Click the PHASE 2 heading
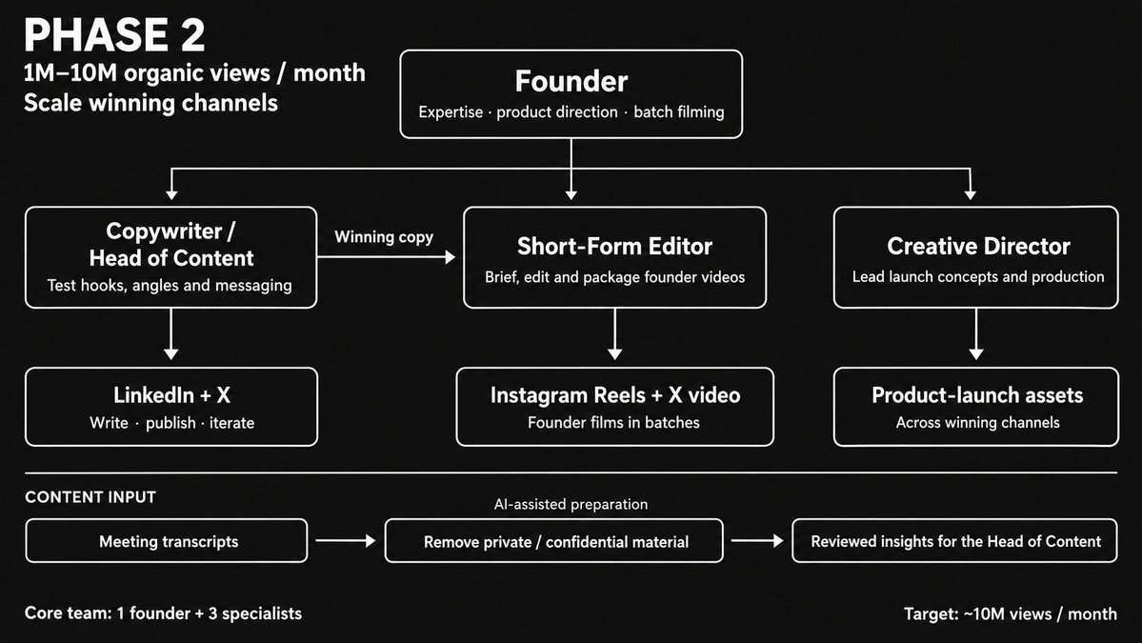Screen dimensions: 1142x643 pos(114,35)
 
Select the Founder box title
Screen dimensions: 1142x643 pos(571,81)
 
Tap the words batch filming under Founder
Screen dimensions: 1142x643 pos(679,112)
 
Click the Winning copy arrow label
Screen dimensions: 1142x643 pos(384,236)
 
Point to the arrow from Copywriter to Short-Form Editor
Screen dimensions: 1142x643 pos(386,257)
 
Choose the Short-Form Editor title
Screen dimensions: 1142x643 pos(614,246)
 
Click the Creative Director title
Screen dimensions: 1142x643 pos(978,246)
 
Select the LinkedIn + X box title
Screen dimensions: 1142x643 pos(171,394)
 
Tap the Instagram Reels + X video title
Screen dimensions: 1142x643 pos(614,394)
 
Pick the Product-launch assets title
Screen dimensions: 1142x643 pos(977,394)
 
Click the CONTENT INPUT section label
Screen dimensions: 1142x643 pos(90,497)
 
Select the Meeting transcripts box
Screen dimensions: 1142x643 pos(167,540)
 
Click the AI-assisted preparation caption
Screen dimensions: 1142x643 pos(571,504)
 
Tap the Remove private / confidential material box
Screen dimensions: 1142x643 pos(554,540)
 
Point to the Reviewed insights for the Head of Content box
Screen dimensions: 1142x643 pos(954,540)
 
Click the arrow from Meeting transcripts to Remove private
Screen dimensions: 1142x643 pos(345,540)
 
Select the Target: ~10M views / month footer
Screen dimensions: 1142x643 pos(1011,613)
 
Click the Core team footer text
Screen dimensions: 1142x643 pos(163,613)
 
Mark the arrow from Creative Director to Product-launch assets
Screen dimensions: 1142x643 pos(976,334)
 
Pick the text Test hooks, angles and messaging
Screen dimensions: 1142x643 pos(170,286)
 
